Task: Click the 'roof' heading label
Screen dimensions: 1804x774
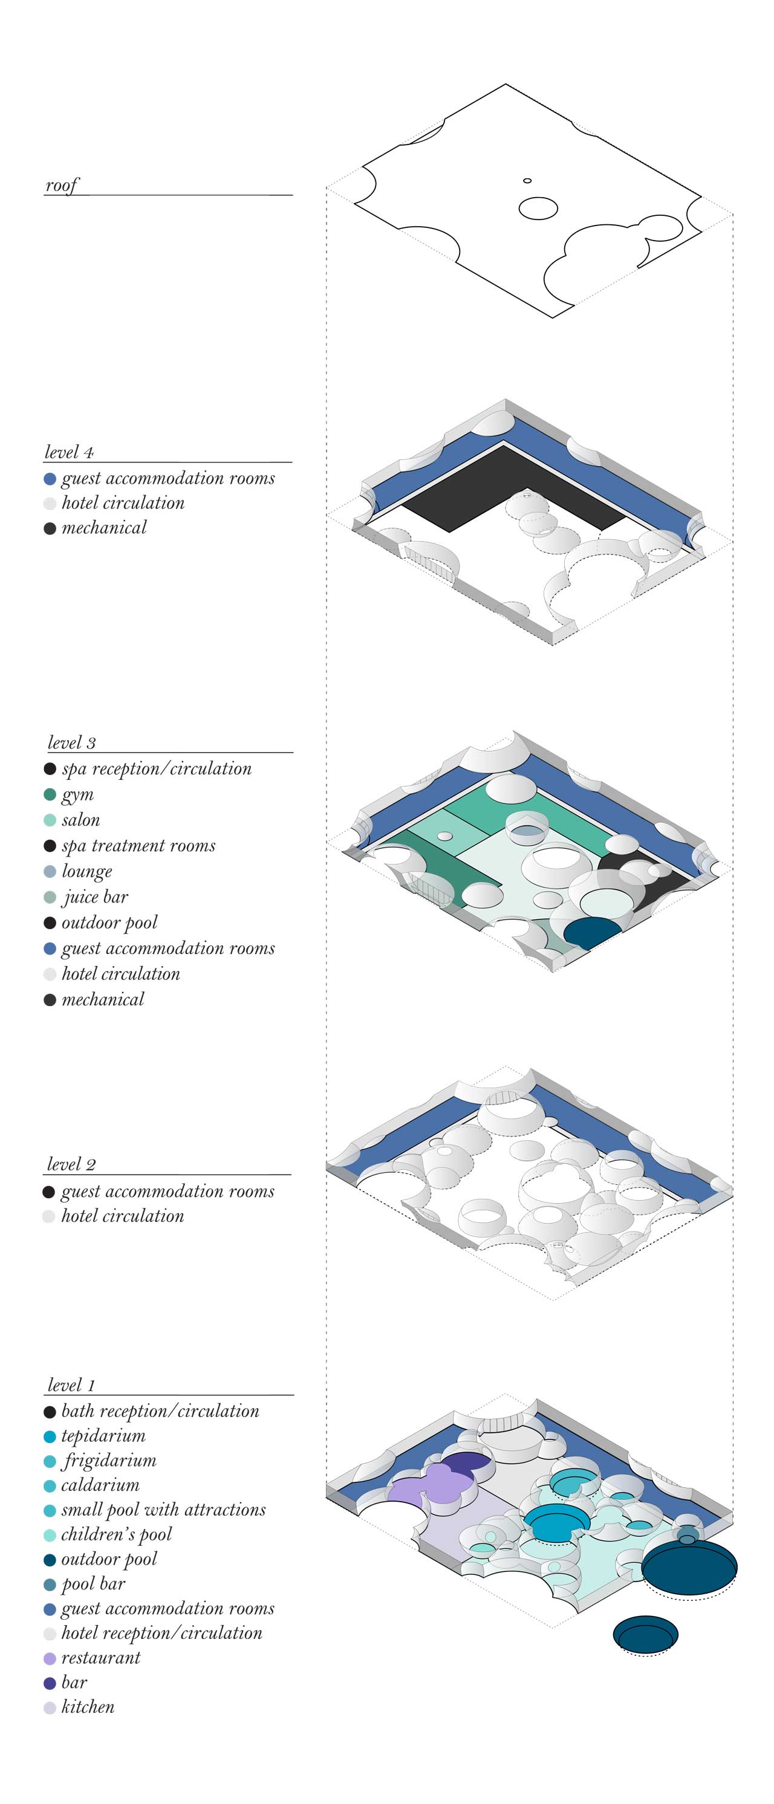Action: tap(62, 186)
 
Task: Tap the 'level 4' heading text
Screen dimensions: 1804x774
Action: tap(69, 452)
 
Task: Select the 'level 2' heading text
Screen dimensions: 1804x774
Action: tap(71, 1164)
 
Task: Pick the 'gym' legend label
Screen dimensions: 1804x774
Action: tap(78, 794)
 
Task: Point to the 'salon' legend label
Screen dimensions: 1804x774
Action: tap(80, 819)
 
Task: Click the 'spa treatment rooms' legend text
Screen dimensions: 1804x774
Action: tap(138, 845)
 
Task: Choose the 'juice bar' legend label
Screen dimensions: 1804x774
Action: tap(96, 897)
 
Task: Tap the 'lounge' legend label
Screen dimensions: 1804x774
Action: tap(87, 871)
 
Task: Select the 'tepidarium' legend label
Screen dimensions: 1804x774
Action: tap(103, 1436)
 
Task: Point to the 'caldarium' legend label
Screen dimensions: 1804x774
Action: tap(100, 1485)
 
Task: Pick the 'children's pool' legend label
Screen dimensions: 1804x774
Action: tap(115, 1534)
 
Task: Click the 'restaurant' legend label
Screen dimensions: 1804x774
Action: tap(100, 1657)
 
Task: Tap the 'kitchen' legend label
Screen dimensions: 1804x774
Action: tap(88, 1706)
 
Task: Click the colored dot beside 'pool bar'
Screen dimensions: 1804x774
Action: tap(50, 1584)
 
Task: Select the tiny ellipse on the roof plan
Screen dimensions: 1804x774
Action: tap(527, 181)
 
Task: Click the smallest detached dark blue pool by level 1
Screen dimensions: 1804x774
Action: tap(645, 1635)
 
